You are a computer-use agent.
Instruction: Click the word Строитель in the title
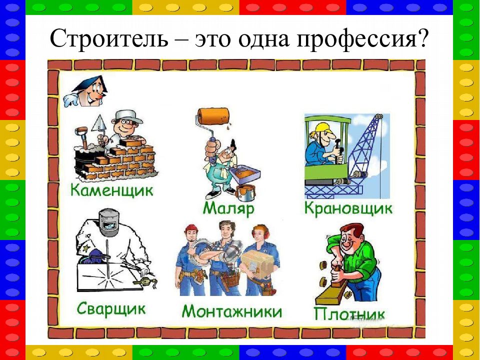click(109, 38)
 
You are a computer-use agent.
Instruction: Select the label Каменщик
click(111, 190)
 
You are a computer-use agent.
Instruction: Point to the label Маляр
click(228, 209)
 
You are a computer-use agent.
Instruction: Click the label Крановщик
click(348, 209)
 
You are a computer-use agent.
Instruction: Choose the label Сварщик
click(111, 308)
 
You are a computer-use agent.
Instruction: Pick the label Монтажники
click(231, 311)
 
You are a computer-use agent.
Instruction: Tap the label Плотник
click(349, 314)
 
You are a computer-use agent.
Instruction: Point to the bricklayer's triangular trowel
click(98, 123)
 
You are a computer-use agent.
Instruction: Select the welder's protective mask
click(109, 222)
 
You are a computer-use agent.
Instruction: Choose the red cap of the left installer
click(191, 228)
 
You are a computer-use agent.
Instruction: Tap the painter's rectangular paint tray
click(245, 174)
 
